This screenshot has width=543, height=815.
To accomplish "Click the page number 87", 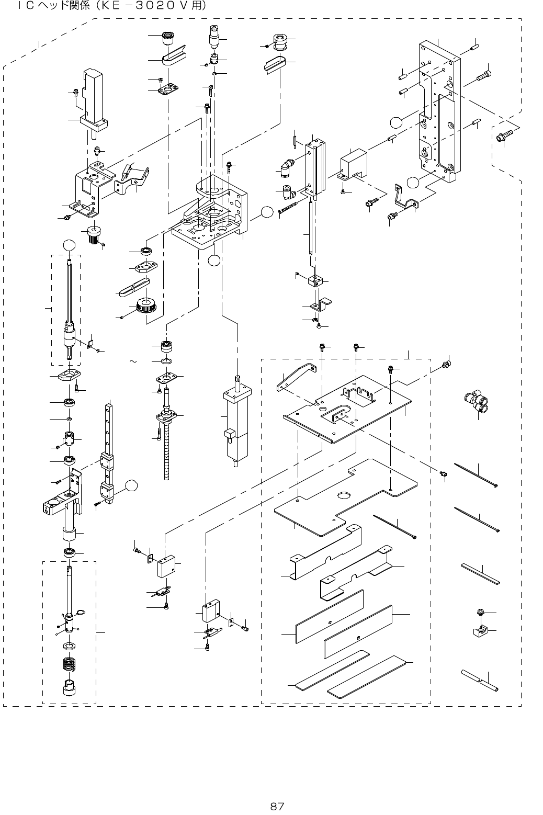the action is coord(277,806).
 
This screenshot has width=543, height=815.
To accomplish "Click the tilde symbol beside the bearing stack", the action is coord(133,361).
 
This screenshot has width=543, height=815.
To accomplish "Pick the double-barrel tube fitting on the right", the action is coord(477,401).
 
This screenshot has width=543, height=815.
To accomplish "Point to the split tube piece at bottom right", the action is coord(480,680).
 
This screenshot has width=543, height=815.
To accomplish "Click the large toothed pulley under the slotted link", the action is coord(146,306).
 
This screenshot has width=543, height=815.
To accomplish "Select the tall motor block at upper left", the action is coord(94,102).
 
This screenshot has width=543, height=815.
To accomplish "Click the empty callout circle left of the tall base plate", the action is coord(397,122).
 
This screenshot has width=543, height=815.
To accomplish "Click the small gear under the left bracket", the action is coord(94,235).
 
